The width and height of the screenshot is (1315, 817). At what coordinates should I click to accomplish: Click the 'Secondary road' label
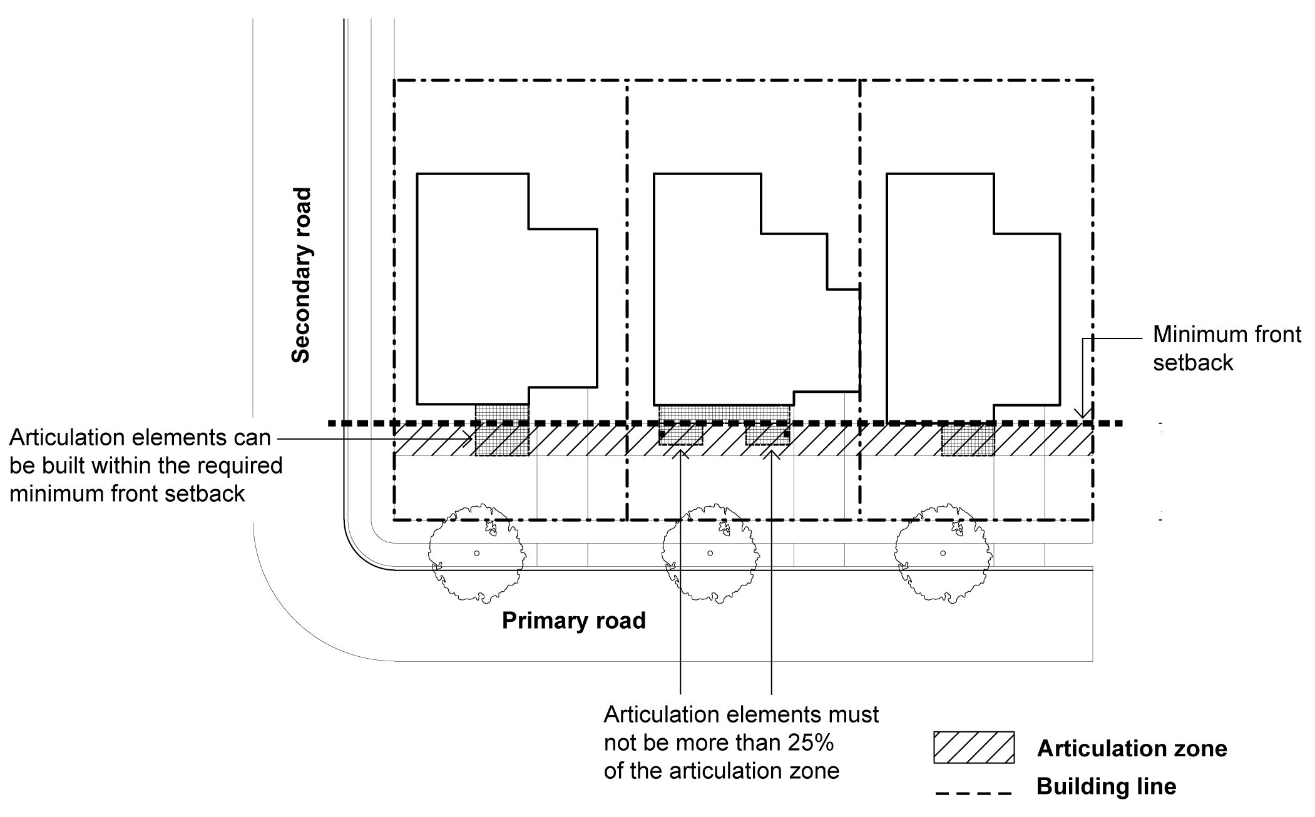click(x=302, y=275)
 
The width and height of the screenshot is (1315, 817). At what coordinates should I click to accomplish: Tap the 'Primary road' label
click(x=573, y=621)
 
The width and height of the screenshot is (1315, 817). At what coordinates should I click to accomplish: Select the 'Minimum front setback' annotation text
click(x=1226, y=348)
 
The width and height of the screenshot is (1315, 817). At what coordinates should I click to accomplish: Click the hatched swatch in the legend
click(x=973, y=747)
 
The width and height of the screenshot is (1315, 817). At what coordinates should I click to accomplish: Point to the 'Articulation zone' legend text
click(x=1132, y=748)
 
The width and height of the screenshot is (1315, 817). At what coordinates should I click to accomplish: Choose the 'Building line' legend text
click(x=1106, y=786)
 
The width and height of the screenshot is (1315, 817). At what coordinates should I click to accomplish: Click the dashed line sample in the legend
click(x=973, y=794)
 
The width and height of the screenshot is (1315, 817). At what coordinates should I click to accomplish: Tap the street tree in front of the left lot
click(x=476, y=553)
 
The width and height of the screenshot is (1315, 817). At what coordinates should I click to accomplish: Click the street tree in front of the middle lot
click(x=710, y=553)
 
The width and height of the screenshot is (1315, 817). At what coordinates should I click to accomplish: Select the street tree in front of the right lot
click(x=943, y=553)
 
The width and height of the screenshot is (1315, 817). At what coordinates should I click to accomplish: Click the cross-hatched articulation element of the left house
click(x=502, y=430)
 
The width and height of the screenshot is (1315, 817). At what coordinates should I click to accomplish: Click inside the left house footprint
click(x=494, y=294)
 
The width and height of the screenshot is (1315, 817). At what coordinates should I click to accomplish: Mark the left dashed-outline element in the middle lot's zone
click(x=681, y=435)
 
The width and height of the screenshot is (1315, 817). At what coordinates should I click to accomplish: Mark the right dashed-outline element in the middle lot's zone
click(x=767, y=435)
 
